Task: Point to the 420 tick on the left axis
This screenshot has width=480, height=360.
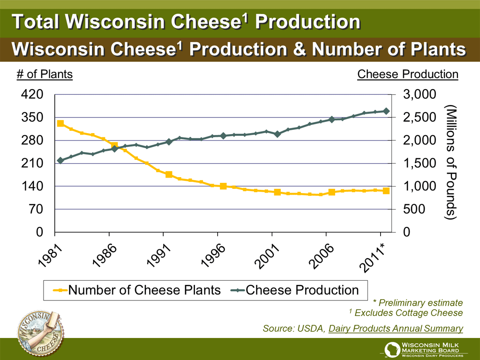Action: click(32, 95)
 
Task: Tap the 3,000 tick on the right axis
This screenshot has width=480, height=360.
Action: click(420, 95)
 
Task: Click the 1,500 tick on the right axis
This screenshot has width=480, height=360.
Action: click(420, 164)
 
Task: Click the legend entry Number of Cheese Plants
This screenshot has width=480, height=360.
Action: click(136, 290)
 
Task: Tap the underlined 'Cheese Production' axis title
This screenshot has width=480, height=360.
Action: click(408, 74)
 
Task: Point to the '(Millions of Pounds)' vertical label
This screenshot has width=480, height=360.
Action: click(451, 162)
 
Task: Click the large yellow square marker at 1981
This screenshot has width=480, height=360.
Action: click(60, 124)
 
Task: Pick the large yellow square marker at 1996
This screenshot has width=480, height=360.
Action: click(223, 187)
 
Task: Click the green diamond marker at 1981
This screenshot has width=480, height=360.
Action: click(60, 160)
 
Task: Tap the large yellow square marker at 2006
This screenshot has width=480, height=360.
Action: click(332, 192)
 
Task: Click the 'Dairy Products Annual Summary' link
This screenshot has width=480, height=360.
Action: click(396, 329)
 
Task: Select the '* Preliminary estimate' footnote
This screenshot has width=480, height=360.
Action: click(418, 303)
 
